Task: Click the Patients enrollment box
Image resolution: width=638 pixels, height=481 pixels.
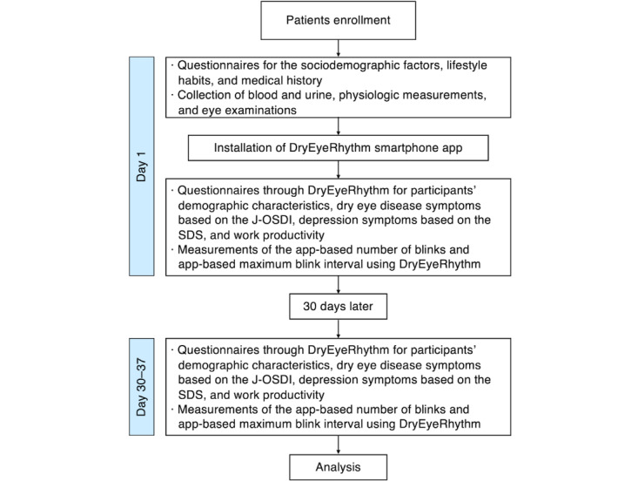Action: point(338,20)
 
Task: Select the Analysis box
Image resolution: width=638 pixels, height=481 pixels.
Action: point(338,467)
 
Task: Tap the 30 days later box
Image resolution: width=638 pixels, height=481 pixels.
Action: point(338,306)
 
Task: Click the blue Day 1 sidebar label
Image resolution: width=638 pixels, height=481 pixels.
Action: point(142,166)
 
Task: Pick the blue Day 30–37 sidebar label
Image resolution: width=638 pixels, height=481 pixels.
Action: point(142,387)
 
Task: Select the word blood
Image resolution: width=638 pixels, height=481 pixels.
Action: point(264,95)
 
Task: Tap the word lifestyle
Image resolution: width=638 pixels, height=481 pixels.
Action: point(467,65)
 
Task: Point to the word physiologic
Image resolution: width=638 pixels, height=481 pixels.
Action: point(379,95)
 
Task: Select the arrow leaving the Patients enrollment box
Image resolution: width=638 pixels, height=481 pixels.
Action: point(338,48)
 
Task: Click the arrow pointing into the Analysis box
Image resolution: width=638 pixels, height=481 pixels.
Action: point(338,444)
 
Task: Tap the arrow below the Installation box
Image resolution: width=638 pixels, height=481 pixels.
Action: point(338,169)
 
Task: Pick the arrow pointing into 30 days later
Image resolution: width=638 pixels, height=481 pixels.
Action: point(338,285)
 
